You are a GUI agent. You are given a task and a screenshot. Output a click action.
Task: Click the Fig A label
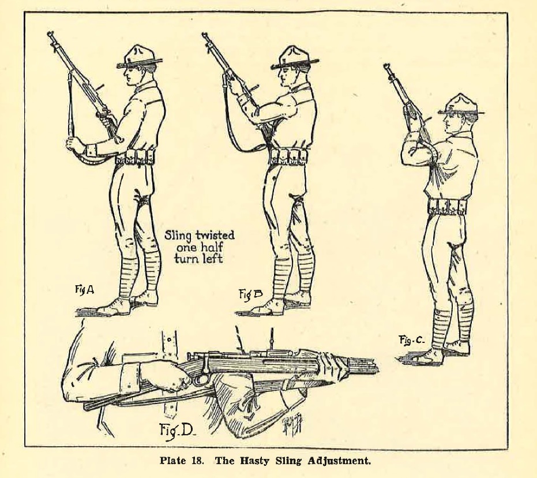(84, 290)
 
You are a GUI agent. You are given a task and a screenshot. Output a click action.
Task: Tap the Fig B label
(250, 294)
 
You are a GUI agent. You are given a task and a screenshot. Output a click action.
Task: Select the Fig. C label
(412, 340)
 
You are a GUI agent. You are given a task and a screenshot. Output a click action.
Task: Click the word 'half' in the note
(212, 247)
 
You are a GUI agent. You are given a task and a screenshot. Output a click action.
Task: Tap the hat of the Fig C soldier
(461, 104)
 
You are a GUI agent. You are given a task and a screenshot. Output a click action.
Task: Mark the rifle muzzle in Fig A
(50, 35)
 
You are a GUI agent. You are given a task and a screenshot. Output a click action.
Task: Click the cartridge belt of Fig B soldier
(288, 156)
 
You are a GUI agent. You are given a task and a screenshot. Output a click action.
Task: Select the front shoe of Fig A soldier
(112, 307)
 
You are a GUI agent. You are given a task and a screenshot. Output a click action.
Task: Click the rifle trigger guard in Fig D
(201, 380)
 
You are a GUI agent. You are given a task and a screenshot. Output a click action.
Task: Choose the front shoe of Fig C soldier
(428, 356)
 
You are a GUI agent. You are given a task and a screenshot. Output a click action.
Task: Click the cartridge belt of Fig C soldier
(447, 207)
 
